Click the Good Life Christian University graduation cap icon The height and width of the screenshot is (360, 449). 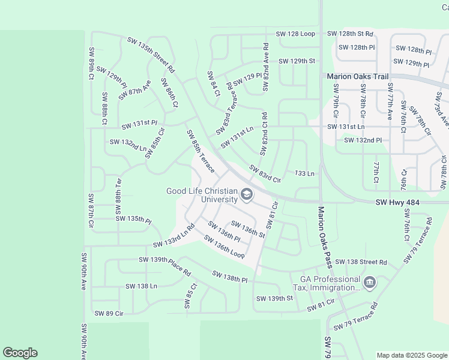pos(246,194)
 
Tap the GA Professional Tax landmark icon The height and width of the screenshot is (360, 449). pos(369,281)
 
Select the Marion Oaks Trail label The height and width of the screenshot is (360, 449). pos(358,76)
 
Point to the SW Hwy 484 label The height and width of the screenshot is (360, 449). pos(398,203)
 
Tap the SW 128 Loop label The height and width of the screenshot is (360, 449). pos(295,34)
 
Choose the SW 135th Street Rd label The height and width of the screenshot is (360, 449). pos(151,55)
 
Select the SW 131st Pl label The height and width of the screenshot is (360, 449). pos(139,124)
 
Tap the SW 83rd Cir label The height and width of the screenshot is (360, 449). pos(265,174)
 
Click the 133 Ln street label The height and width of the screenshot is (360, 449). pos(305,173)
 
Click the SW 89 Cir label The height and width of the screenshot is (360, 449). pos(109,313)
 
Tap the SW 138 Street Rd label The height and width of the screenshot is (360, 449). pos(361,262)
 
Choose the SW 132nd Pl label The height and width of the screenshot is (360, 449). pos(363,140)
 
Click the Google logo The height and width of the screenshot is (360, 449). pos(20,353)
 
